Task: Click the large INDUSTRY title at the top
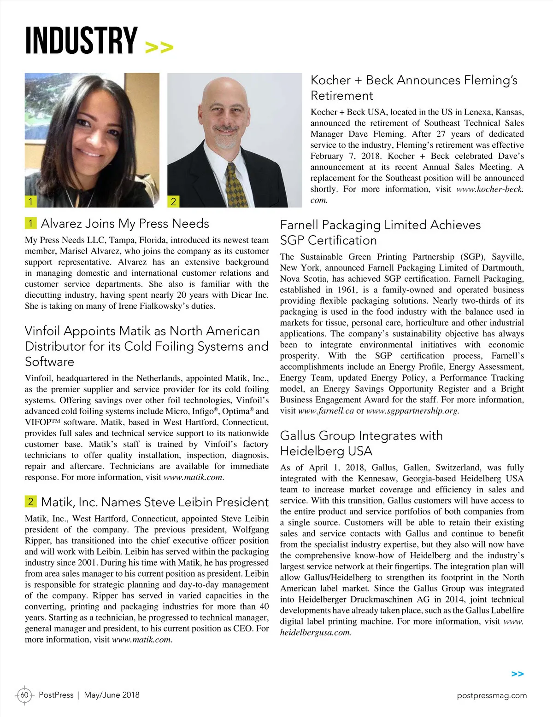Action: click(81, 40)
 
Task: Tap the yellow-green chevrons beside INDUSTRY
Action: click(159, 47)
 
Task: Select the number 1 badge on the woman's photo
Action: click(30, 201)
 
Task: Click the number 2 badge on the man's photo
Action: click(173, 201)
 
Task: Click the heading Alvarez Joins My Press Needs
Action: click(124, 224)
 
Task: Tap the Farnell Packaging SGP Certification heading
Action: click(380, 232)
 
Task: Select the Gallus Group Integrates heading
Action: click(361, 443)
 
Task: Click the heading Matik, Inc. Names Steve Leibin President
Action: click(154, 502)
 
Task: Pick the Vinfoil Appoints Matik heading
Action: click(147, 346)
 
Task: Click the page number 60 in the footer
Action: click(24, 695)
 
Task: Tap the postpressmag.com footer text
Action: click(492, 695)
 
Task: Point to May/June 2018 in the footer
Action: click(112, 695)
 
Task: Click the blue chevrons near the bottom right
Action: click(518, 674)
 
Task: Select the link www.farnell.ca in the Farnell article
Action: click(326, 411)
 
